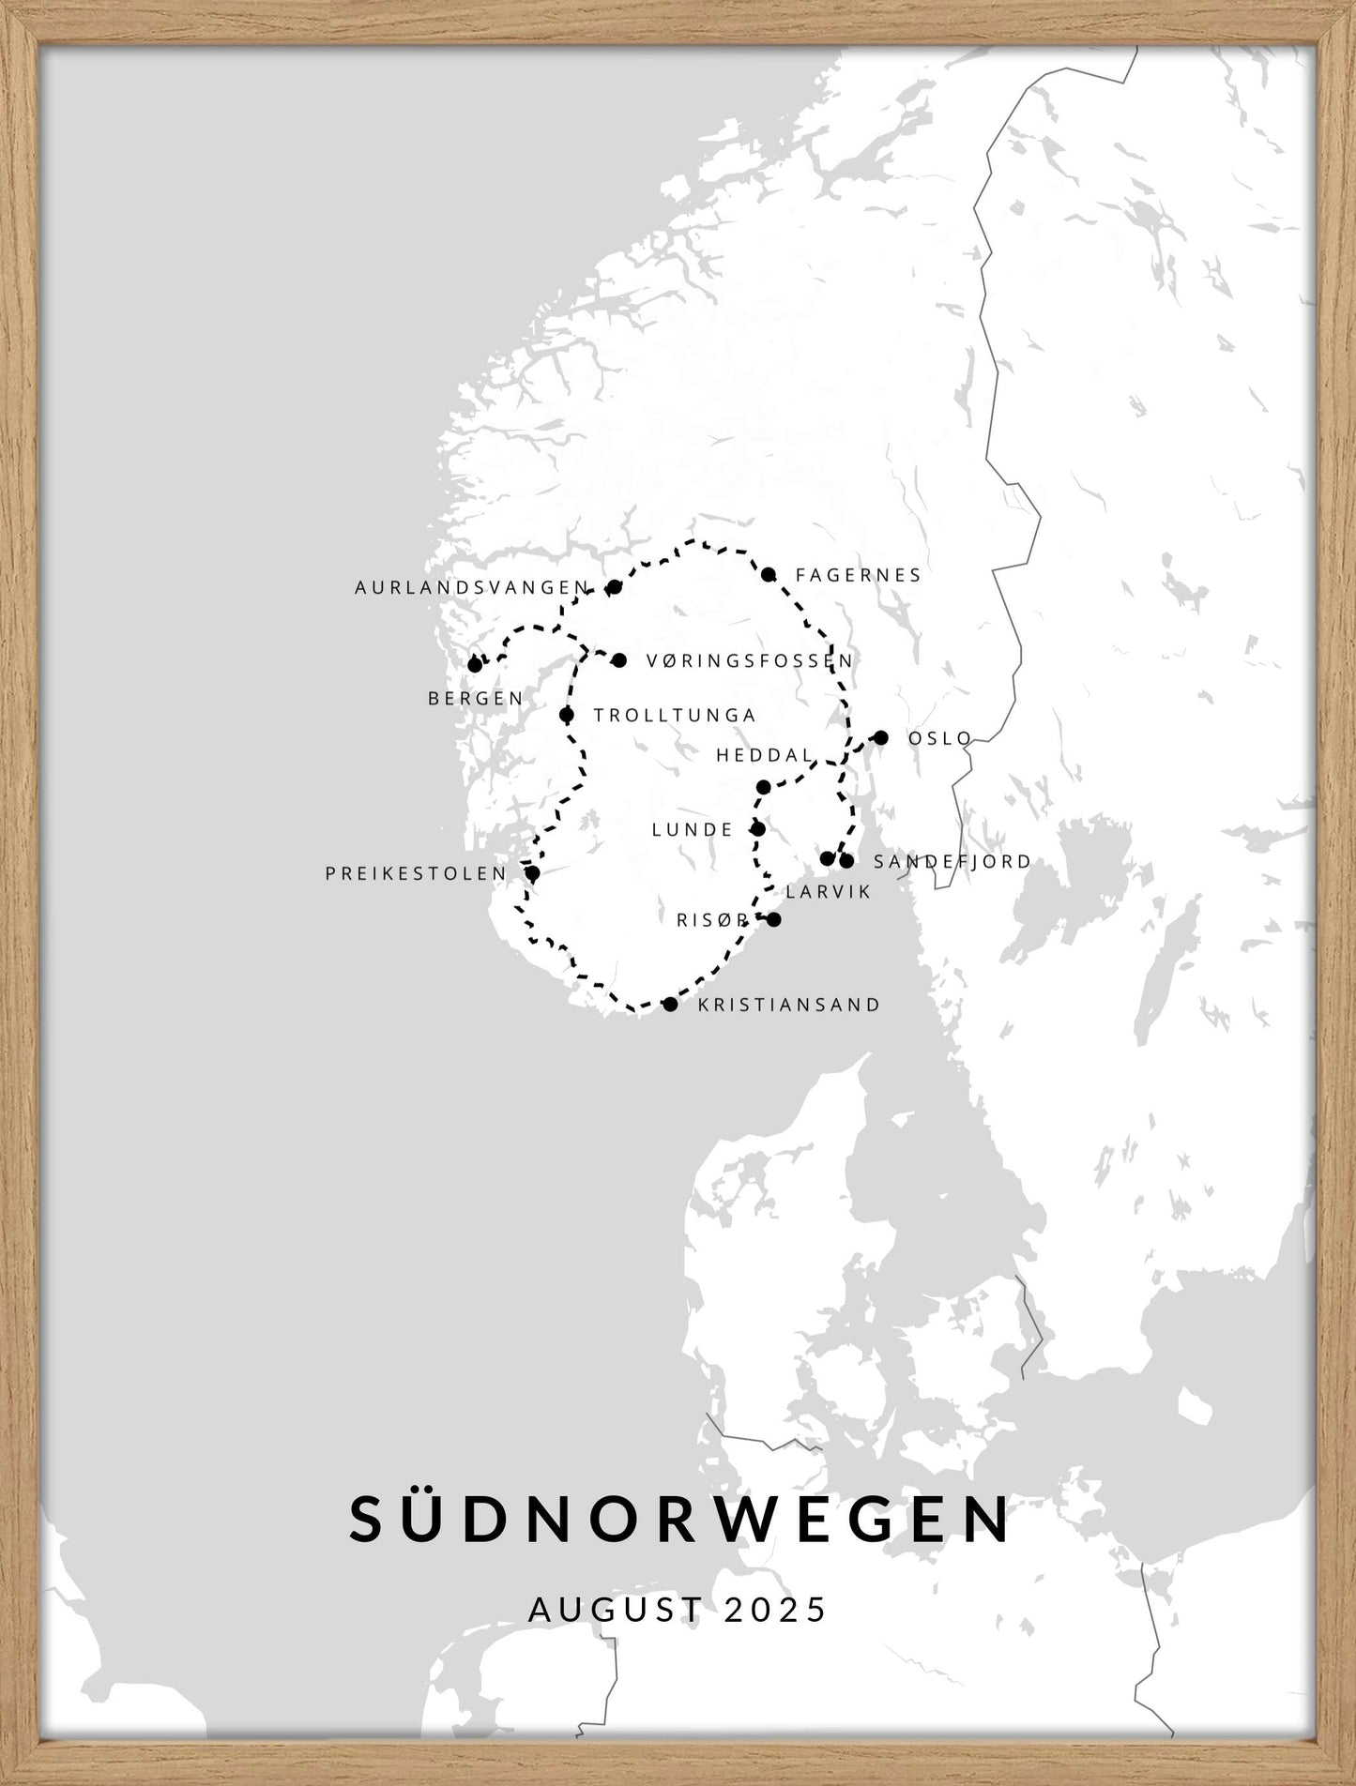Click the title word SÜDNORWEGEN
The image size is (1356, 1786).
680,1519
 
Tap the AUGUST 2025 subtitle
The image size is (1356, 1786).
678,1610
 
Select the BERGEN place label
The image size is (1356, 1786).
476,699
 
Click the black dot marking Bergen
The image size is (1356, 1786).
475,665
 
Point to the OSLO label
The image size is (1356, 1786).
940,738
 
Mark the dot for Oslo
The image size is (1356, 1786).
880,738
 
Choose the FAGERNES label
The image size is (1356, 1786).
859,575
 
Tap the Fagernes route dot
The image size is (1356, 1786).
769,575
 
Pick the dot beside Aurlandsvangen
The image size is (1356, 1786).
615,588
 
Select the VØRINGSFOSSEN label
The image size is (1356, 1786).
750,660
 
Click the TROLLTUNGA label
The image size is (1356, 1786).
675,715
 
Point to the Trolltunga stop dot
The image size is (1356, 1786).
566,715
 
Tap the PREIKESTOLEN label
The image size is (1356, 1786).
416,873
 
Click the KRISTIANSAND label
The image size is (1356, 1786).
789,1005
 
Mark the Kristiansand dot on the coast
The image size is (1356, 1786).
670,1005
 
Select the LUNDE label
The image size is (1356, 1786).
693,829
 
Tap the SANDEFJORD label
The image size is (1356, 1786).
952,861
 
